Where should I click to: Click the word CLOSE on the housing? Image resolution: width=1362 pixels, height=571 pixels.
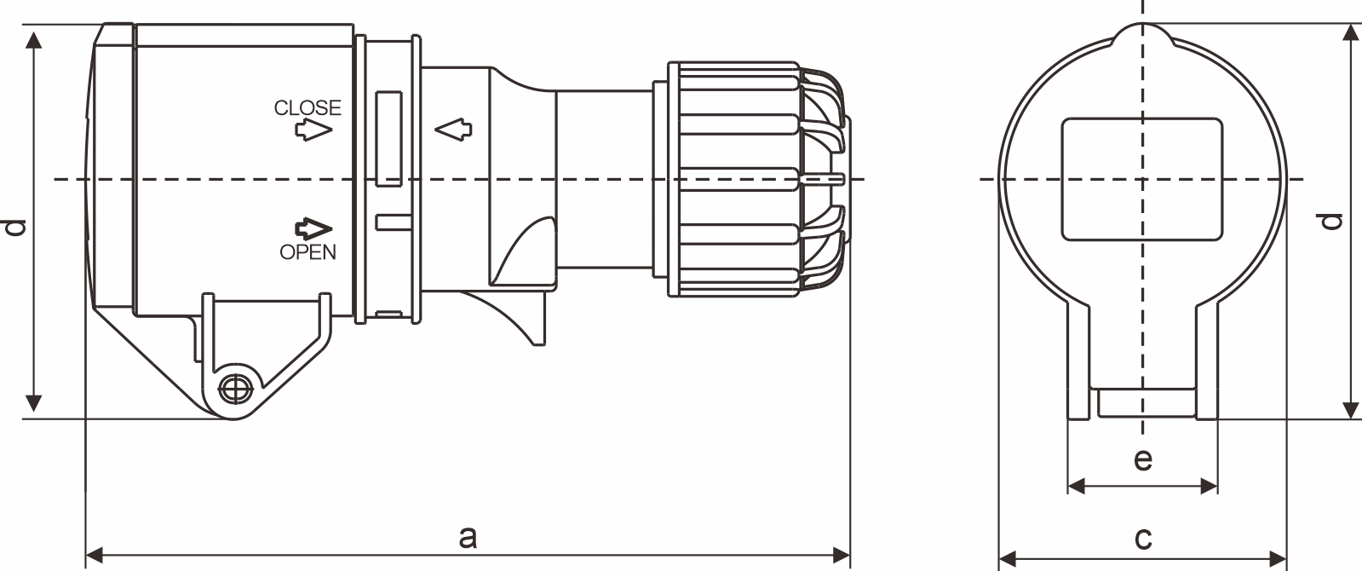307,107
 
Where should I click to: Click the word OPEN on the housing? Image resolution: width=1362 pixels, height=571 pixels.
307,252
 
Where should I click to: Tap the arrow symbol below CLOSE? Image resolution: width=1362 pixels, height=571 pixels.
313,130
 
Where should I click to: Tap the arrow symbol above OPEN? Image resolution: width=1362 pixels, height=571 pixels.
313,228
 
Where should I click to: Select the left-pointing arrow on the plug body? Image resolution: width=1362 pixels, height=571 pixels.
452,130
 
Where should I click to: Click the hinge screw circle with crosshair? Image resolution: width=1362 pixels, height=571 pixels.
234,389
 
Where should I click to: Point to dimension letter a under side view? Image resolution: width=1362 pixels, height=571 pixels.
467,538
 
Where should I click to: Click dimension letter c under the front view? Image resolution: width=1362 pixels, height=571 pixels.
1143,538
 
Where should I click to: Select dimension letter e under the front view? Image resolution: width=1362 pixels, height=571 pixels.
1143,459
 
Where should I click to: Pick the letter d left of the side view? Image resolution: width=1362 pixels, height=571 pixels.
15,227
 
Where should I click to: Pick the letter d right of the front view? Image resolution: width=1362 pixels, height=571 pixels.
1333,221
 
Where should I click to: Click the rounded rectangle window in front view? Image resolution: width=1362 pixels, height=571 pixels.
1141,179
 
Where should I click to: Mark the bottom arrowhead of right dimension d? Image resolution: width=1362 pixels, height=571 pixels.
1351,410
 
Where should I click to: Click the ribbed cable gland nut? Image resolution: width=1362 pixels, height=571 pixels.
733,179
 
